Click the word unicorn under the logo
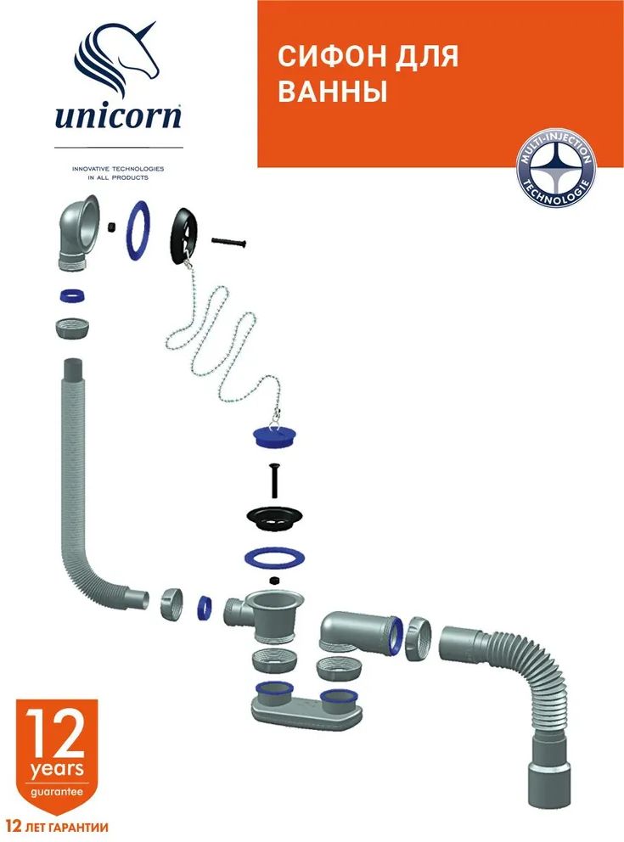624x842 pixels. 118,115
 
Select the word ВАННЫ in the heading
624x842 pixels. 333,91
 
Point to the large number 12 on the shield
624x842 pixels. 56,733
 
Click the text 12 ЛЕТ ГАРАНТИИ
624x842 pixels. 58,827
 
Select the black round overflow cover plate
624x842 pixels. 184,235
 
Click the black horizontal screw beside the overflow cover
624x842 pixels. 228,242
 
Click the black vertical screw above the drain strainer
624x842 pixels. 275,481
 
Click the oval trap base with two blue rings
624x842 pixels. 305,707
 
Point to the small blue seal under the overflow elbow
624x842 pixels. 72,296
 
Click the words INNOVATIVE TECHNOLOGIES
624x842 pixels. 118,169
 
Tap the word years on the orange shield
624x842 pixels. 57,769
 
